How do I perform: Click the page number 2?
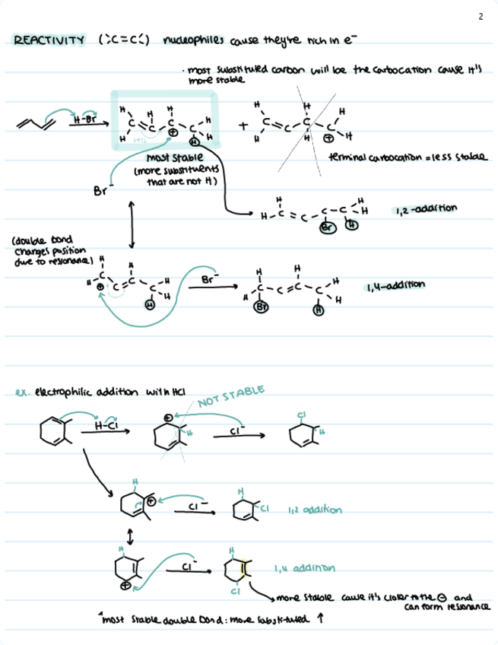pos(481,17)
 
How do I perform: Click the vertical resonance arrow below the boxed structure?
pos(132,223)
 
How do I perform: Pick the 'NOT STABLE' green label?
pos(230,398)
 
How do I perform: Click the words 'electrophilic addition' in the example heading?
pos(73,392)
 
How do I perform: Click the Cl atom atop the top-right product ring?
pos(302,415)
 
